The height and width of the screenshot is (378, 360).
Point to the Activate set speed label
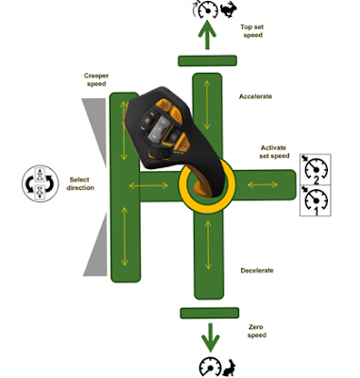click(x=274, y=154)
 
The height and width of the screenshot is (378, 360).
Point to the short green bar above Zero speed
click(x=208, y=311)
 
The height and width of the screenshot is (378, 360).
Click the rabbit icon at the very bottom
click(x=227, y=365)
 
